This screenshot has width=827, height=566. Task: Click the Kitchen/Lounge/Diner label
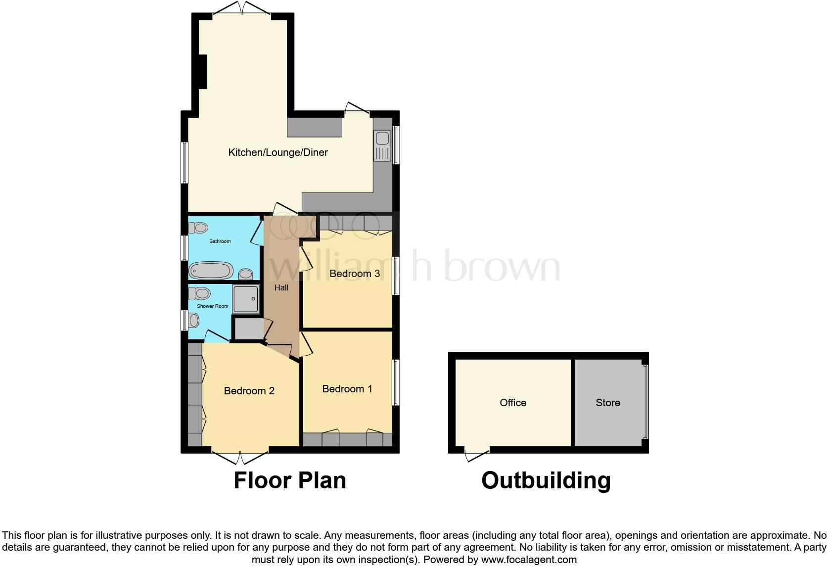277,152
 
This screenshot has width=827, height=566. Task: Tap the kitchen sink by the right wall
382,145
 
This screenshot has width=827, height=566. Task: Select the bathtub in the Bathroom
211,271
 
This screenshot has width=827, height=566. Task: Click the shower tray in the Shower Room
246,299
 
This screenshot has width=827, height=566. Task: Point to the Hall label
281,287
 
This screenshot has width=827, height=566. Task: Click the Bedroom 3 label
354,274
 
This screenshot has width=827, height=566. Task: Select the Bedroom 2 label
249,391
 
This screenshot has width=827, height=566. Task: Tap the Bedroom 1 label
347,389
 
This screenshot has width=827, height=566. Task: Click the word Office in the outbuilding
513,403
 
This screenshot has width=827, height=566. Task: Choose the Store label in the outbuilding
607,403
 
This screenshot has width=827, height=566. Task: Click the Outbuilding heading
546,480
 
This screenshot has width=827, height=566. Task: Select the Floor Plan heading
289,480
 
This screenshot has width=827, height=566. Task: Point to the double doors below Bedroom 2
240,458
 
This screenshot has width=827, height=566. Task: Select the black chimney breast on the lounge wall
202,72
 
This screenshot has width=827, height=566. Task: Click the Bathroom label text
220,241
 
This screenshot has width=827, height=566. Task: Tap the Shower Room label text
213,306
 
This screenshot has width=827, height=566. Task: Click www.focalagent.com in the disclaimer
528,560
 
